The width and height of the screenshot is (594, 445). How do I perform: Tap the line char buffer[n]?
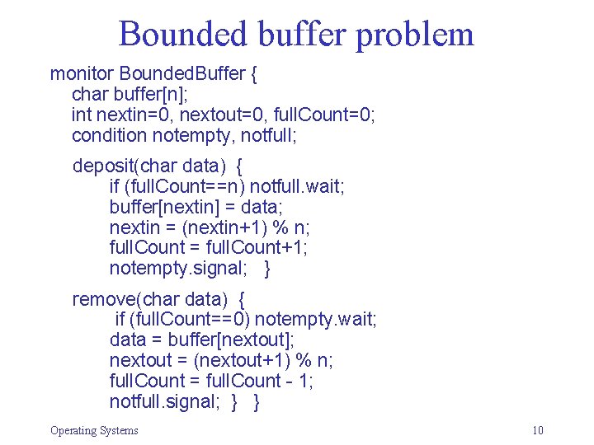[x=131, y=94]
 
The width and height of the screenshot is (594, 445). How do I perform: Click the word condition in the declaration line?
[x=109, y=133]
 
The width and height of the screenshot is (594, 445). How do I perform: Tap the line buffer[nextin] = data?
[x=201, y=206]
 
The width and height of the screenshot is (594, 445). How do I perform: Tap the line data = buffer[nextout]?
[x=202, y=340]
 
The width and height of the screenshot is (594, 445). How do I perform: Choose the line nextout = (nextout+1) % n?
[x=221, y=360]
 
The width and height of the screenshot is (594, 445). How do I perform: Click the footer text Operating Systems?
[x=94, y=430]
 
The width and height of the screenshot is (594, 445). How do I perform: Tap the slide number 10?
[x=538, y=430]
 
